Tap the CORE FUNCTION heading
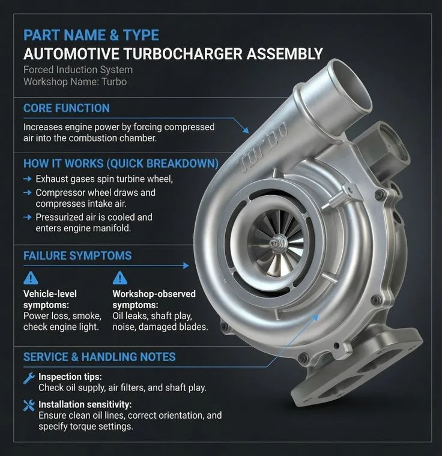(66, 108)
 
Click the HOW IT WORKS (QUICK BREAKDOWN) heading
(120, 163)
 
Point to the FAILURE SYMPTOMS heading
(77, 255)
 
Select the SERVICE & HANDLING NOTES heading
(99, 357)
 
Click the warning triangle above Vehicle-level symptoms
(30, 278)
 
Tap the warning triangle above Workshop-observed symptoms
(120, 278)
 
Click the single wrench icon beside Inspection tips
(28, 378)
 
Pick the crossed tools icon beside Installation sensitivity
(28, 405)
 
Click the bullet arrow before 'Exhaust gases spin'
(27, 179)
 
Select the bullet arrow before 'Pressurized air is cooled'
(27, 217)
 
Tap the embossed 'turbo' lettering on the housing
(264, 147)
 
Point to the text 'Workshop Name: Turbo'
(75, 81)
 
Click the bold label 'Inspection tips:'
(70, 377)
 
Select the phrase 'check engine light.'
(60, 327)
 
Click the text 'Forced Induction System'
(78, 70)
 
